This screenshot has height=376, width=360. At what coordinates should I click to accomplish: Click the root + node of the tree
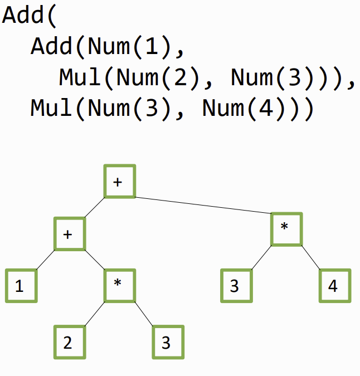pyautogui.click(x=120, y=181)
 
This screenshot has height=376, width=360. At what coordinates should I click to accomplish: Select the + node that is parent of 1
pyautogui.click(x=70, y=234)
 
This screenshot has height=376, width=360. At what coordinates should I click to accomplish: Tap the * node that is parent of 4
pyautogui.click(x=286, y=229)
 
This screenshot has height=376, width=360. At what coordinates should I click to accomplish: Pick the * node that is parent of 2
pyautogui.click(x=120, y=285)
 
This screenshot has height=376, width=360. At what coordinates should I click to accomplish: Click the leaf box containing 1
pyautogui.click(x=21, y=286)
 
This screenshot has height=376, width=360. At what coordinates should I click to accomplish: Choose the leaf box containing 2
pyautogui.click(x=70, y=342)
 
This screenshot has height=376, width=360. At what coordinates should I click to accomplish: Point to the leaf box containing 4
pyautogui.click(x=335, y=286)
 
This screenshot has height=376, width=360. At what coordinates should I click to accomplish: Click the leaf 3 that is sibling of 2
pyautogui.click(x=168, y=342)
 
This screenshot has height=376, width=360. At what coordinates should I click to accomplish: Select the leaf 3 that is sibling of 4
pyautogui.click(x=236, y=286)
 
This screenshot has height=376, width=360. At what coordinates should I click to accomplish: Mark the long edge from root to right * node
pyautogui.click(x=203, y=205)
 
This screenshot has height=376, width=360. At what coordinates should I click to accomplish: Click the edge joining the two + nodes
pyautogui.click(x=95, y=207)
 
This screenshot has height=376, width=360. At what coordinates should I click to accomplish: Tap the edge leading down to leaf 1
pyautogui.click(x=45, y=260)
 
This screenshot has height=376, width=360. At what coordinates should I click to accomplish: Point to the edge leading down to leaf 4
pyautogui.click(x=311, y=257)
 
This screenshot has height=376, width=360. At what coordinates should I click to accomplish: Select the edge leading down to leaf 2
pyautogui.click(x=95, y=314)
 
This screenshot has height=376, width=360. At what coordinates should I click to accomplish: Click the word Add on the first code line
pyautogui.click(x=23, y=15)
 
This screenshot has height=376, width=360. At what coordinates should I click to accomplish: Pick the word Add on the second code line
pyautogui.click(x=52, y=46)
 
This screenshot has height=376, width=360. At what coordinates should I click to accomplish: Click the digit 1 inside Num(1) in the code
pyautogui.click(x=152, y=46)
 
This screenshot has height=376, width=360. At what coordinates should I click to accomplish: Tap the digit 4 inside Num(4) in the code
pyautogui.click(x=266, y=108)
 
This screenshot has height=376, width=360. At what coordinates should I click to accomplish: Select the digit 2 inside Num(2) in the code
pyautogui.click(x=181, y=77)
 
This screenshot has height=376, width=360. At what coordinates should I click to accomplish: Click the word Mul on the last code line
pyautogui.click(x=52, y=108)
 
